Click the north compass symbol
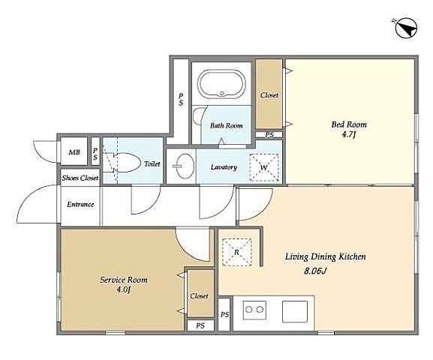(x=406, y=28)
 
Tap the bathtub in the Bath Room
(x=221, y=84)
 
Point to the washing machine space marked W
(x=263, y=167)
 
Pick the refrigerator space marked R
(x=237, y=252)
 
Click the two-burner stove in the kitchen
(x=254, y=310)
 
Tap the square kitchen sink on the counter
(x=295, y=311)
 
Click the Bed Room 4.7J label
(x=349, y=129)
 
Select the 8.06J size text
(x=315, y=271)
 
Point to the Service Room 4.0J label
(x=123, y=284)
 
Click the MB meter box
(x=74, y=151)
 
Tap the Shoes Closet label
(x=80, y=178)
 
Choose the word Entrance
(x=80, y=205)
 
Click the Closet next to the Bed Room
(x=269, y=94)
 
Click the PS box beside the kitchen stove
(x=224, y=314)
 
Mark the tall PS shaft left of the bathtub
(x=181, y=100)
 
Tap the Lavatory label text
(x=224, y=167)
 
